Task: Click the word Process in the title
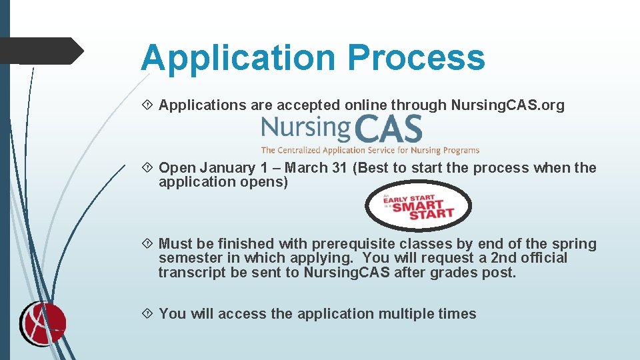pyautogui.click(x=416, y=57)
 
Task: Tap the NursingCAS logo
pyautogui.click(x=342, y=128)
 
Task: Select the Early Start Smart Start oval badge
pyautogui.click(x=418, y=206)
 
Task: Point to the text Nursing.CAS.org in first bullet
pyautogui.click(x=507, y=105)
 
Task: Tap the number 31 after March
pyautogui.click(x=340, y=168)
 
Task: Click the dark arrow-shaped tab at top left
pyautogui.click(x=41, y=51)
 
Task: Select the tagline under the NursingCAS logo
pyautogui.click(x=370, y=150)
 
